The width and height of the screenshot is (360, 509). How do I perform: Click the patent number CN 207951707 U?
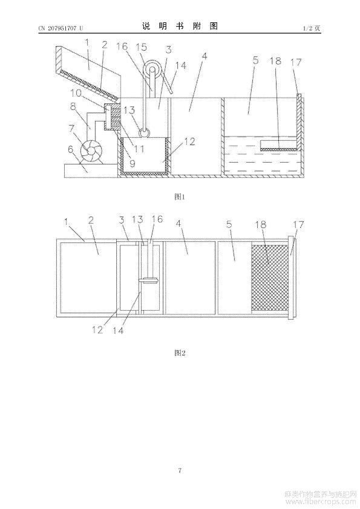tap(61, 28)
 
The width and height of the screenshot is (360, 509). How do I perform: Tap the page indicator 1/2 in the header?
tap(307, 28)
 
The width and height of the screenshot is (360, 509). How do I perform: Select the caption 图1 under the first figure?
tap(180, 196)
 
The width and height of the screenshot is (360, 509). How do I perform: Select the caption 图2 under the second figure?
tap(180, 353)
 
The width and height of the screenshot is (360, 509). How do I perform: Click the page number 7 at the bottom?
tap(180, 470)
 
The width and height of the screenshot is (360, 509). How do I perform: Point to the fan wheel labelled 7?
tap(91, 151)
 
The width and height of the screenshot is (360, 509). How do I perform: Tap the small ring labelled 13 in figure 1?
tap(144, 132)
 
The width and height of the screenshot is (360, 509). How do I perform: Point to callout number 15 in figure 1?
tap(141, 47)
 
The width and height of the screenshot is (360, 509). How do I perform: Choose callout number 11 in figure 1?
tap(139, 149)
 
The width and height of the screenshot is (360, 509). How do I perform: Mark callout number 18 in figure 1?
tap(275, 60)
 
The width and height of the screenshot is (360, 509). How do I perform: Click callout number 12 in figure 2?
tap(97, 330)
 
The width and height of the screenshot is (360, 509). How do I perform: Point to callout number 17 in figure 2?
tap(299, 225)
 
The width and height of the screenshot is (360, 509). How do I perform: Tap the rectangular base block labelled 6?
tap(91, 170)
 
